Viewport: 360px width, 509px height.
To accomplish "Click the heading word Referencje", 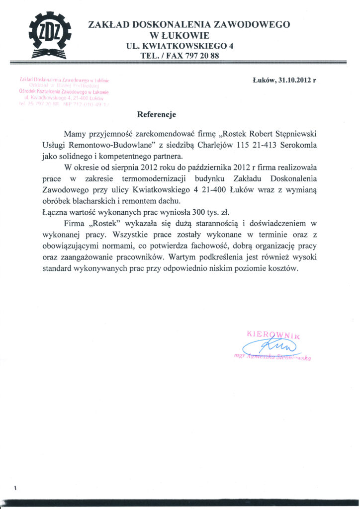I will point(157,114).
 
